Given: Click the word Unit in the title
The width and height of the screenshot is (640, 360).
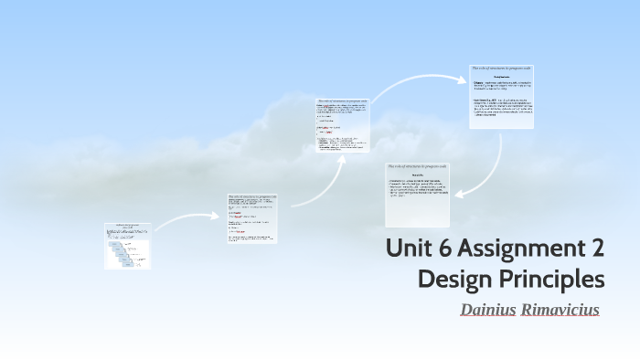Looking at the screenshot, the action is tap(408, 249).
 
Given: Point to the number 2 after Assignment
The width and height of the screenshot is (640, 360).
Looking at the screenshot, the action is tap(595, 249).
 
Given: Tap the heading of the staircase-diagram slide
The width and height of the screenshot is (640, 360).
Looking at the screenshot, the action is tap(127, 225).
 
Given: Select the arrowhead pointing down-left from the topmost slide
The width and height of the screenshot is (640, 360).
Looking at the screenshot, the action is tap(458, 195).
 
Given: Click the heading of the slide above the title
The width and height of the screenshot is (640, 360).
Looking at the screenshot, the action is tap(417, 166).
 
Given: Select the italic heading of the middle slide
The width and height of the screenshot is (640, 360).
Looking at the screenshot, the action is tap(343, 101).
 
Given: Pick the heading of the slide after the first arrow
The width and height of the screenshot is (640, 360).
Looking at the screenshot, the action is tap(251, 196).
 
